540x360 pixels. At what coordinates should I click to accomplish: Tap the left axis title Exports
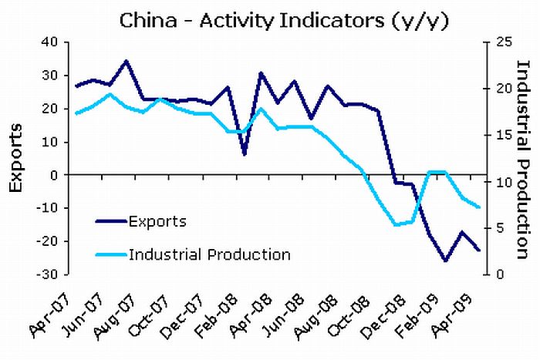[18, 157]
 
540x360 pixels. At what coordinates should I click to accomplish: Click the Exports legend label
[157, 222]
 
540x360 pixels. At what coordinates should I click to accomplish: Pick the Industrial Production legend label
[210, 254]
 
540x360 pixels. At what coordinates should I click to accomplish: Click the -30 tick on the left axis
[49, 274]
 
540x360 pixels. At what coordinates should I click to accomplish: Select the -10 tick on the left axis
[49, 208]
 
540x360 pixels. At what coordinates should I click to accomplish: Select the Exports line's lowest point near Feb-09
[445, 261]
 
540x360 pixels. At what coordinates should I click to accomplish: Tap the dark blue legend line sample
[110, 221]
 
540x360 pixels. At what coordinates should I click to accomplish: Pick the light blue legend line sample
[110, 254]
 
